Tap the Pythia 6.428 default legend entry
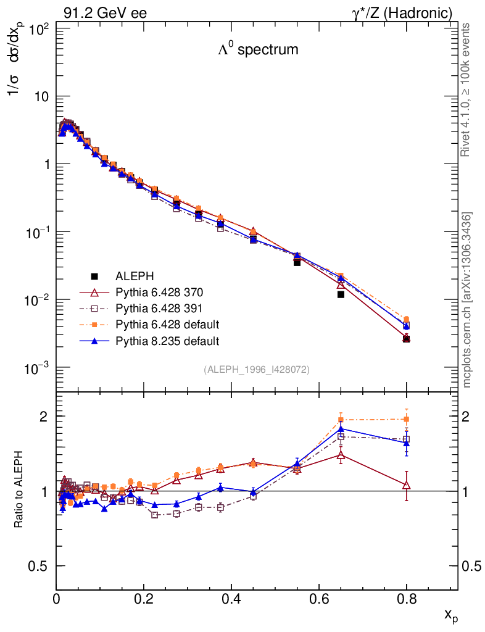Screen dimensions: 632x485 pyautogui.click(x=167, y=324)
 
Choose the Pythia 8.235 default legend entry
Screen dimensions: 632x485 pyautogui.click(x=167, y=341)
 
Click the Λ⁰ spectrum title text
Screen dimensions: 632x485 pyautogui.click(x=258, y=50)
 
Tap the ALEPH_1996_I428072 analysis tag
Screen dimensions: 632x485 pyautogui.click(x=257, y=369)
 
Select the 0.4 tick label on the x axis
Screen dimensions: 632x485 pyautogui.click(x=231, y=598)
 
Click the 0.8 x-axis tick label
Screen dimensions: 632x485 pyautogui.click(x=406, y=598)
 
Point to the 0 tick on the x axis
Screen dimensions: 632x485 pyautogui.click(x=57, y=598)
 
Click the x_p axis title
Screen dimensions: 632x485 pyautogui.click(x=451, y=615)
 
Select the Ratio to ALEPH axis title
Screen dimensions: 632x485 pyautogui.click(x=19, y=491)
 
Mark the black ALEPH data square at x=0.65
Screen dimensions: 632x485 pyautogui.click(x=341, y=294)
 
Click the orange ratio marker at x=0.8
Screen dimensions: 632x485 pyautogui.click(x=406, y=419)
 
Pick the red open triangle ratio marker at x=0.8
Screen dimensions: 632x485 pyautogui.click(x=406, y=485)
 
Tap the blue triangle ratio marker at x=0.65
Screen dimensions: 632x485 pyautogui.click(x=341, y=429)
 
